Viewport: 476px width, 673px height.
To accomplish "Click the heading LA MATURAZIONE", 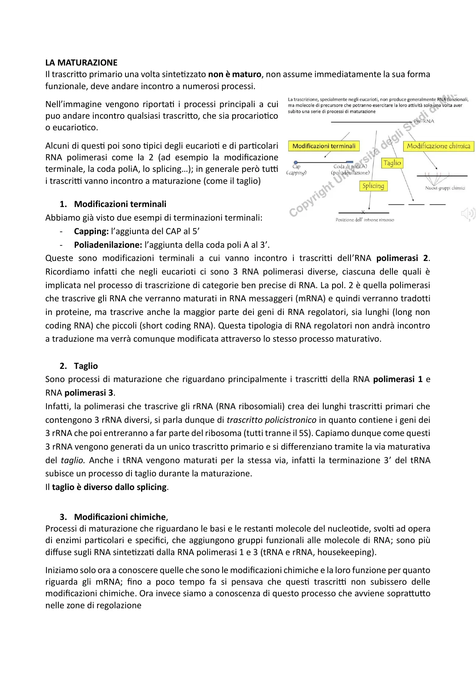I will coord(81,63).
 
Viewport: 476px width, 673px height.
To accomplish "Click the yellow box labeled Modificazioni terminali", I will coord(324,146).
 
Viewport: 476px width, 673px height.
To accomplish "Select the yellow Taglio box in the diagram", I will coord(392,163).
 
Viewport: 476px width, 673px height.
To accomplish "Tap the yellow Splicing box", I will coord(373,186).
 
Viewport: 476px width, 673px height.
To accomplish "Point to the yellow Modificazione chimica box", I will coord(438,146).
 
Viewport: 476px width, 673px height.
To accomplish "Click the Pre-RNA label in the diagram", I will coord(424,121).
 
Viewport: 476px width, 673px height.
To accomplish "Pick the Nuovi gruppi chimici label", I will coord(445,188).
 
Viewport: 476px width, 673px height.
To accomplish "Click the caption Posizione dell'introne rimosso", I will coord(364,220).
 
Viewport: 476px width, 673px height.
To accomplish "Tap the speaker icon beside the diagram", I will coord(468,214).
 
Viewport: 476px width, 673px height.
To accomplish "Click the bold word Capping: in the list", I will coord(91,231).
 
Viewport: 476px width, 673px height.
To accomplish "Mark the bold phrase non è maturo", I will coord(235,74).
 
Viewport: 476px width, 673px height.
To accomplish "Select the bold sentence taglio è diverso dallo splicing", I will coord(109,487).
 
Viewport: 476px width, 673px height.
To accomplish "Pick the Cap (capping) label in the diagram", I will coord(296,169).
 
